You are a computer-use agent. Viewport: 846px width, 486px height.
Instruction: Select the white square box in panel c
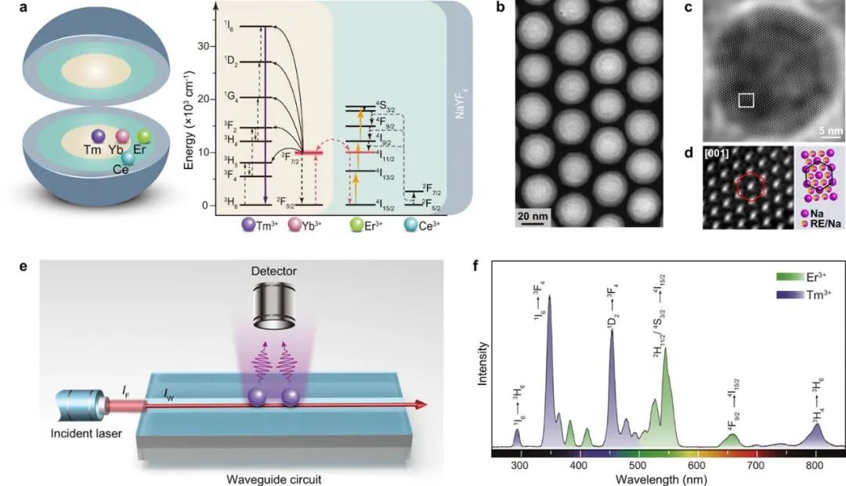coord(747,99)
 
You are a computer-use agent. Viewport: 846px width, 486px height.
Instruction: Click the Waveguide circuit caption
coord(265,477)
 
